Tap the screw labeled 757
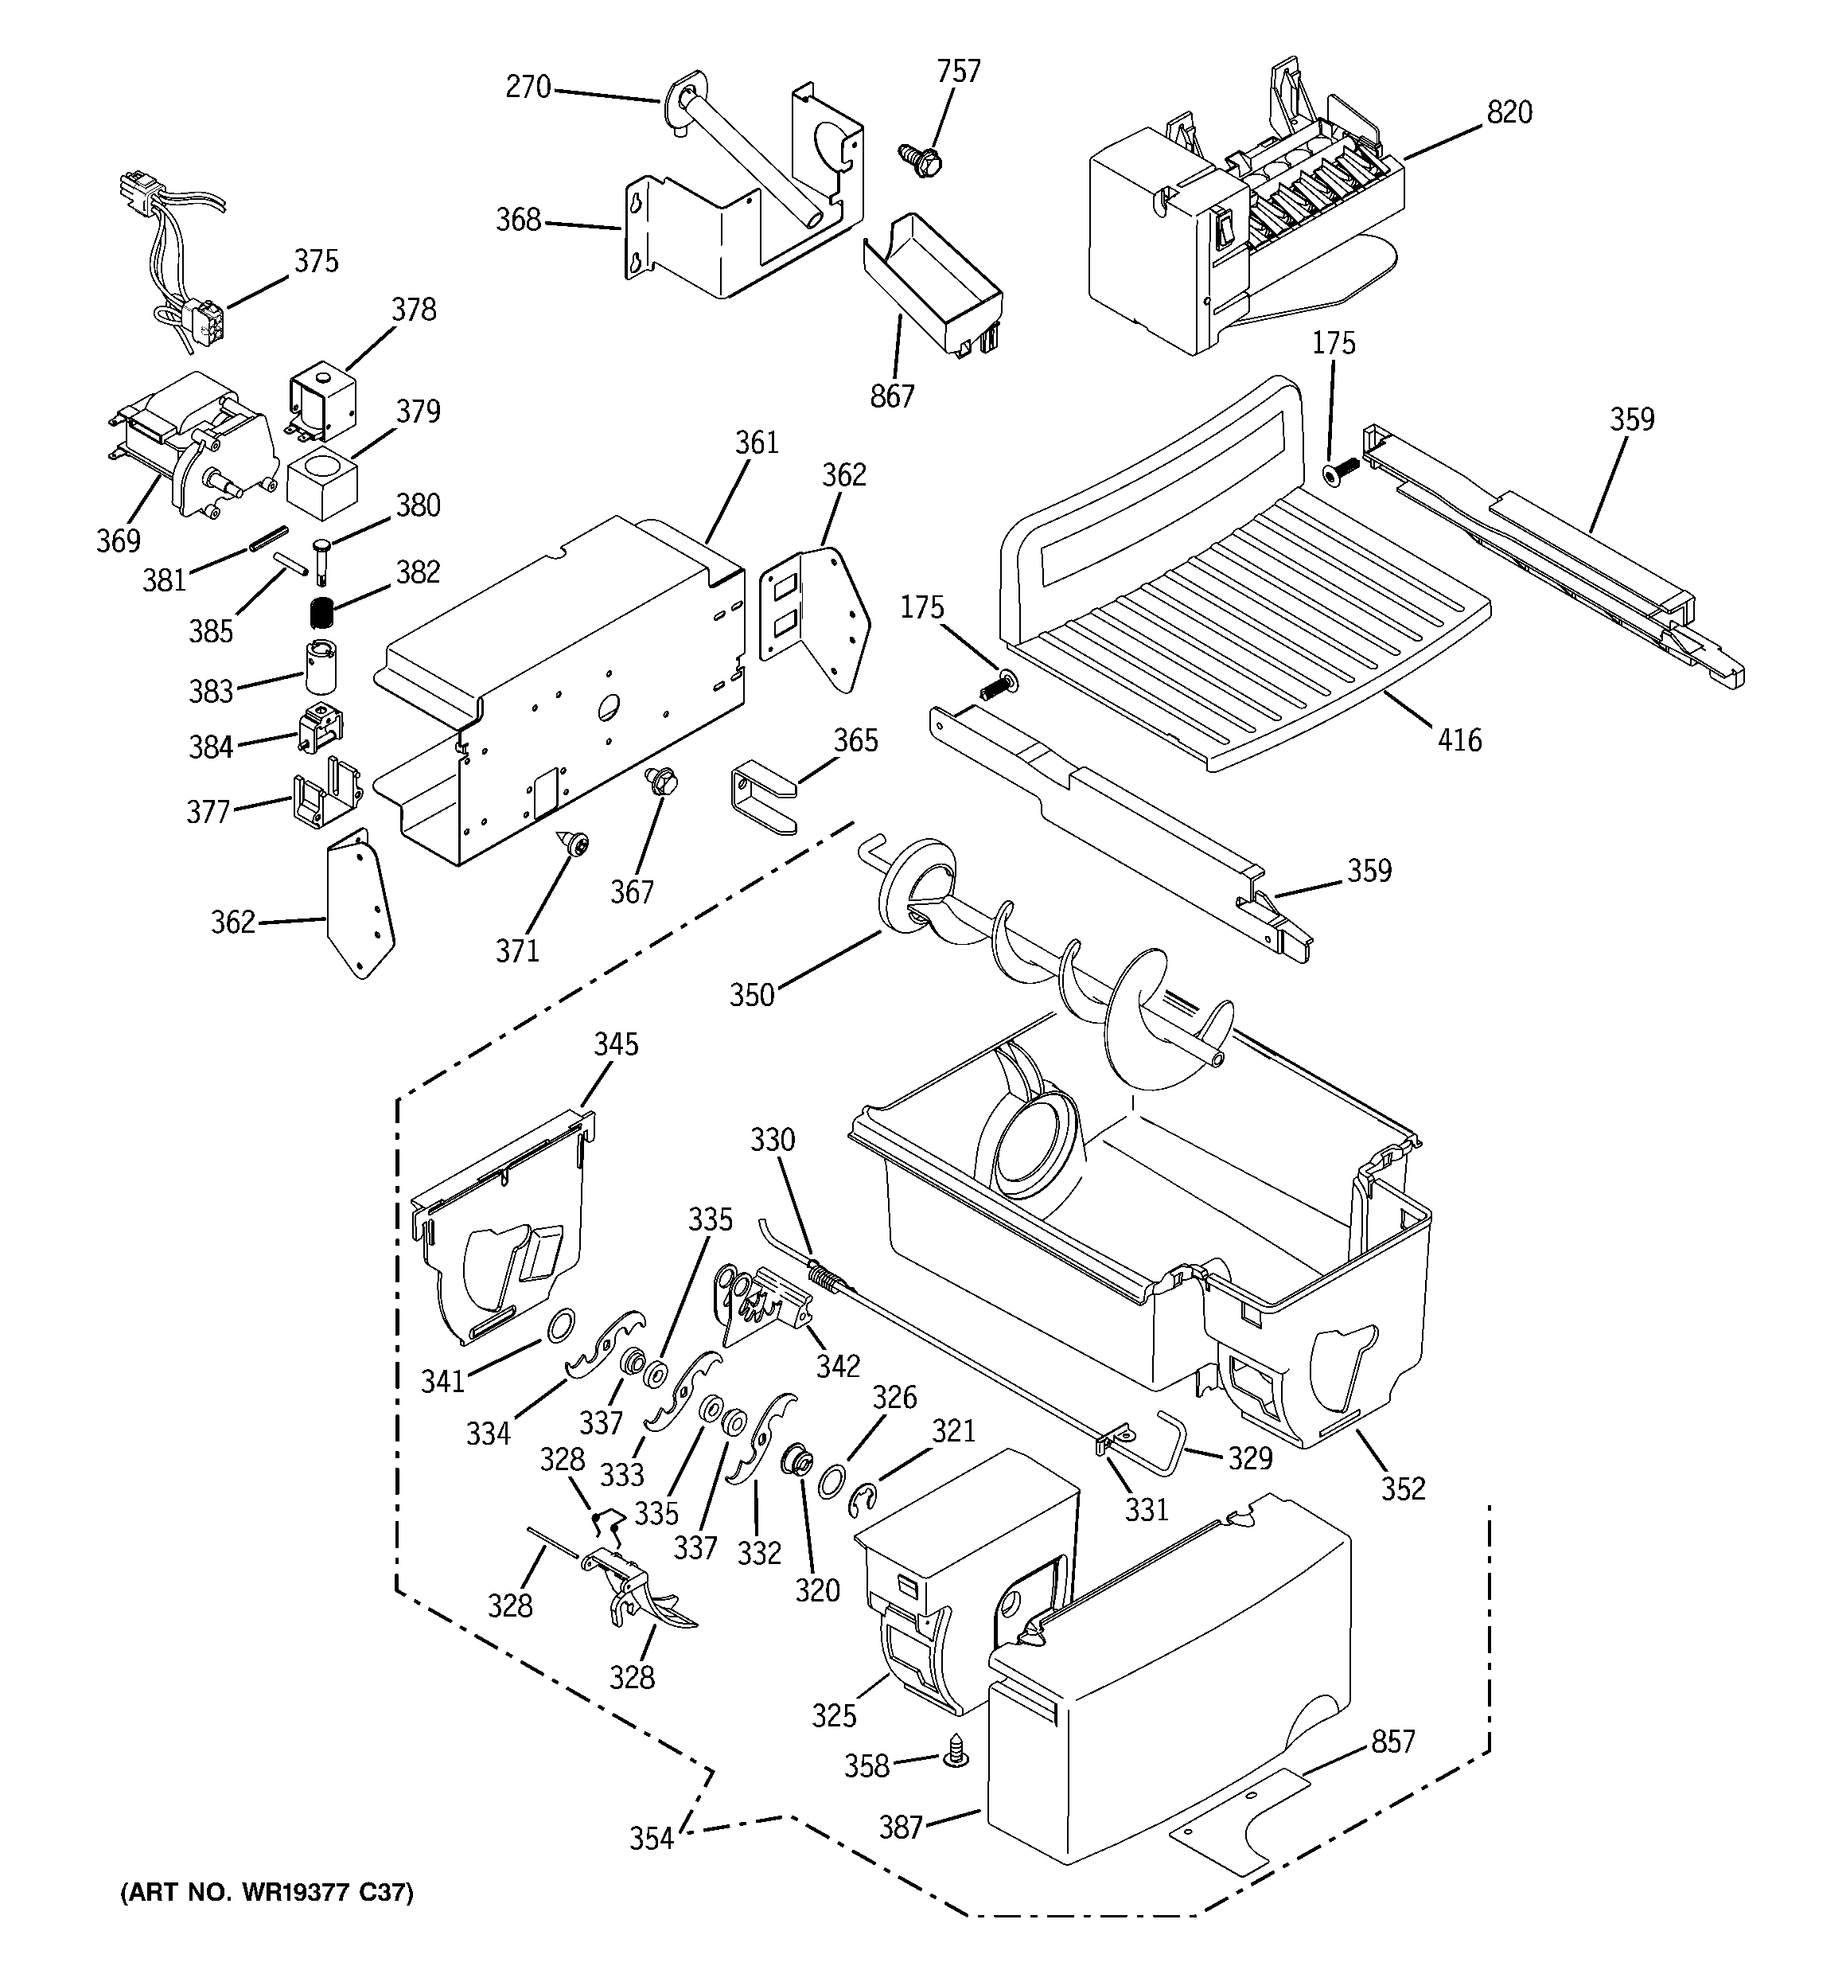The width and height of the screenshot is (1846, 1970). [x=917, y=159]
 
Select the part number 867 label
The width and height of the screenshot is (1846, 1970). [x=892, y=396]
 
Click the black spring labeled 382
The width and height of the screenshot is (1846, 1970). [x=319, y=614]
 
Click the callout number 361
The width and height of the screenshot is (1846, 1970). [x=756, y=443]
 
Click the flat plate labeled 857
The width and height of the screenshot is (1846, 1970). [x=1240, y=1824]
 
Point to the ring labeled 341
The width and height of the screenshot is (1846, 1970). [x=560, y=1324]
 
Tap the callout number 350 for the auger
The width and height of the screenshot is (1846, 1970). [x=751, y=995]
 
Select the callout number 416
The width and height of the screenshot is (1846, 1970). [x=1459, y=739]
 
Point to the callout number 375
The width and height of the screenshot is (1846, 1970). [x=316, y=260]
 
